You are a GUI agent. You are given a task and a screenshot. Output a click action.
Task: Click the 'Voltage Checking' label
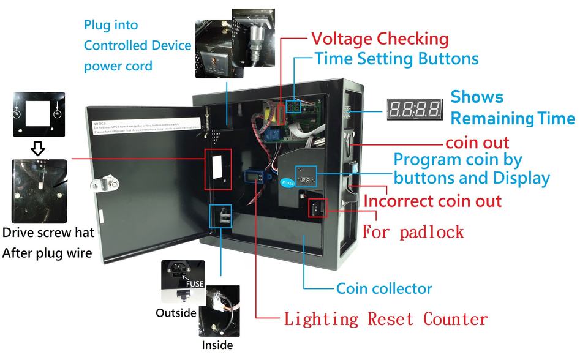tap(380, 39)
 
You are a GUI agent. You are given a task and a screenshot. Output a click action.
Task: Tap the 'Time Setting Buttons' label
tap(396, 59)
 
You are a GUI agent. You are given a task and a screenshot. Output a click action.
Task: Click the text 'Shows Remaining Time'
tap(512, 108)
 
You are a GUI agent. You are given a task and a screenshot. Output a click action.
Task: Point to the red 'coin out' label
tap(477, 143)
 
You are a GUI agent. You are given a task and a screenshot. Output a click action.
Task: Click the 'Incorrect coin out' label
tap(432, 201)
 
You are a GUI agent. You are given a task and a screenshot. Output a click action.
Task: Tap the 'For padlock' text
tap(413, 232)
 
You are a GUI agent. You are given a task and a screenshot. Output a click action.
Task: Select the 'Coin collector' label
tap(384, 288)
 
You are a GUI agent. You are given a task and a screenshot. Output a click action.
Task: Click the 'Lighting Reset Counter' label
tap(385, 319)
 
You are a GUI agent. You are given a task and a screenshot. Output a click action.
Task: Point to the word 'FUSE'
tap(195, 283)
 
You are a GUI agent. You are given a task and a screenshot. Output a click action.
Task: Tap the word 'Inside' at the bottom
tap(217, 345)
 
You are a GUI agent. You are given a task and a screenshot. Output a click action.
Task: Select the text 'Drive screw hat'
tap(48, 233)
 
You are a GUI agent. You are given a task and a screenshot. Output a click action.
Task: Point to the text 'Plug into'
tap(111, 25)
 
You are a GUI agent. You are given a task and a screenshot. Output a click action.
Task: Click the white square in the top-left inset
tap(38, 114)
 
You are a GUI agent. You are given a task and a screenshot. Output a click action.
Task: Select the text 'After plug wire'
tap(47, 252)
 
